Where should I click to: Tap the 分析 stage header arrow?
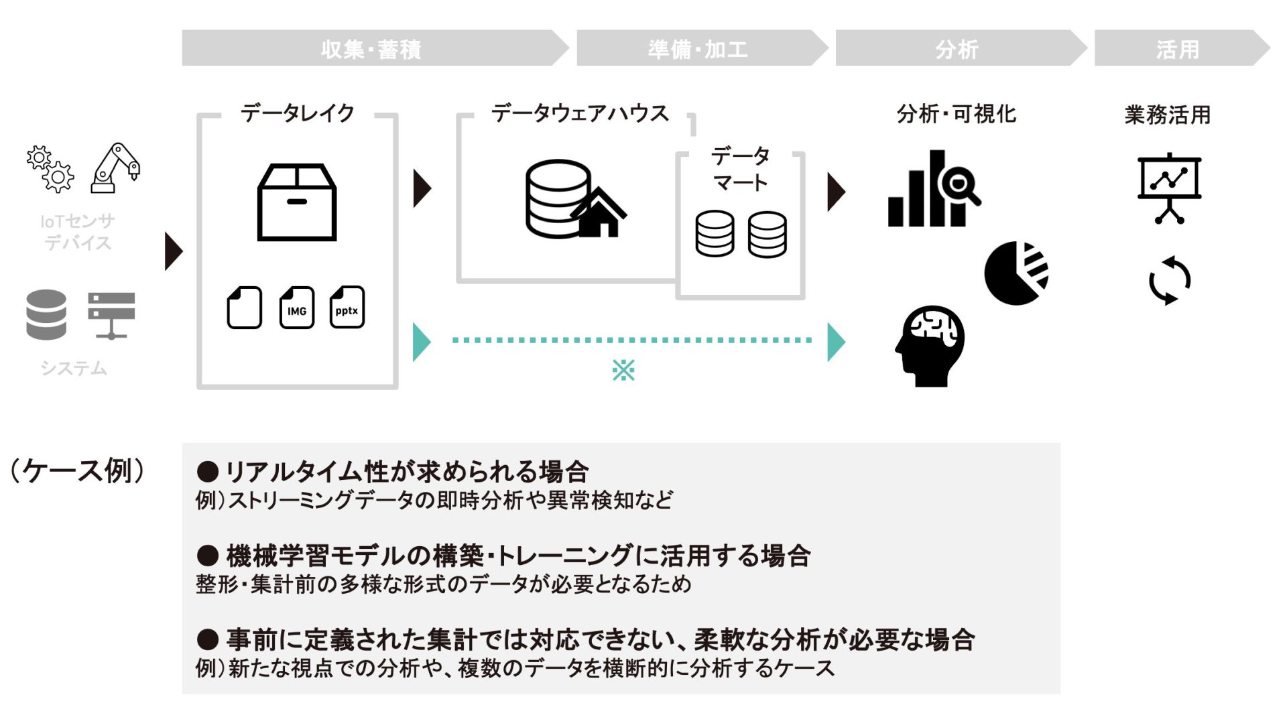[x=957, y=48]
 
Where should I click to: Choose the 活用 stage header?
[x=1178, y=48]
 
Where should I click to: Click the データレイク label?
[x=297, y=113]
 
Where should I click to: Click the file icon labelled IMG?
[x=296, y=308]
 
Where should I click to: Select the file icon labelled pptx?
[x=347, y=308]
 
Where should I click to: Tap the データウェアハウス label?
[x=580, y=113]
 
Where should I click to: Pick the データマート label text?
[x=740, y=169]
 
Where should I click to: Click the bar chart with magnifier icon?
[x=933, y=189]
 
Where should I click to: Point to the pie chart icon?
[x=1016, y=273]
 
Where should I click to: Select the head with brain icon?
[x=930, y=346]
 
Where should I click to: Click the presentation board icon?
[x=1169, y=188]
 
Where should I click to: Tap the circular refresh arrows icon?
[x=1169, y=280]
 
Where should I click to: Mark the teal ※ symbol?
[x=623, y=370]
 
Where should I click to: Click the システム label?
[x=74, y=368]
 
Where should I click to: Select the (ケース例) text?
[x=77, y=470]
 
